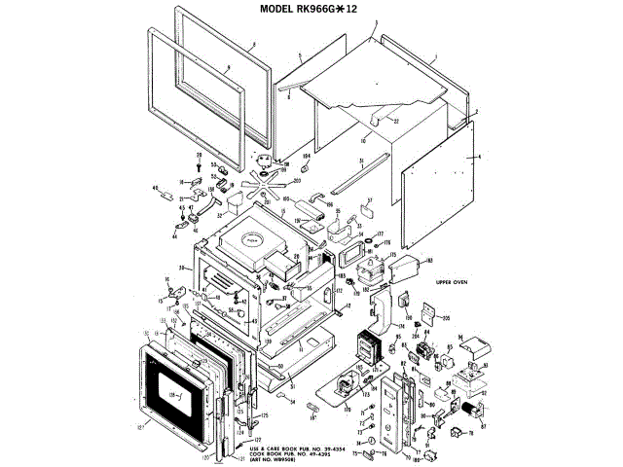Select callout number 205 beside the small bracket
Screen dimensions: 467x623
(447, 317)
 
